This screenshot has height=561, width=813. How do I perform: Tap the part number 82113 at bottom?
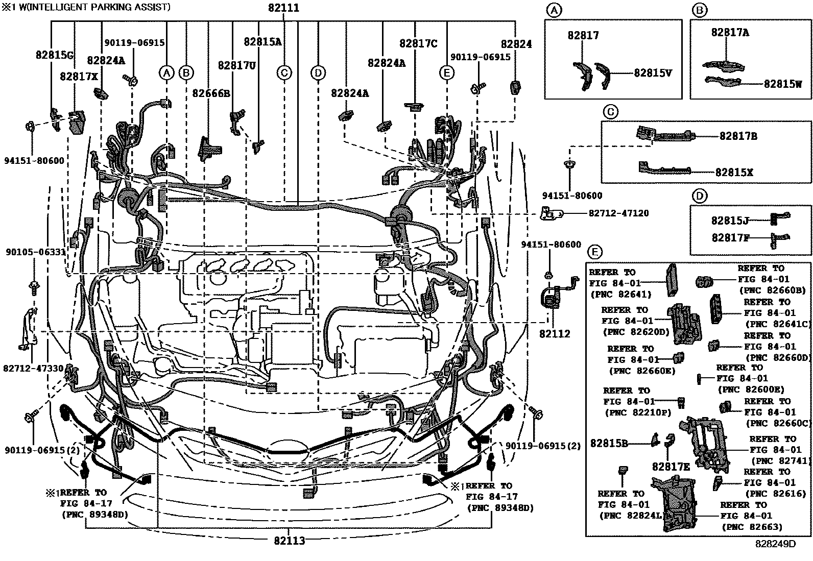[x=289, y=541]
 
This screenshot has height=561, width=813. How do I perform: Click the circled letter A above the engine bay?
[x=166, y=73]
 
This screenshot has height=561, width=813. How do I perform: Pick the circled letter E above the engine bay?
[x=446, y=73]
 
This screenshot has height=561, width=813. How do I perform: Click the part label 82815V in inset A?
[x=653, y=73]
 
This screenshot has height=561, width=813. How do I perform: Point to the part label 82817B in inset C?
[x=738, y=136]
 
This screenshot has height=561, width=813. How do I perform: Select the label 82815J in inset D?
[x=730, y=221]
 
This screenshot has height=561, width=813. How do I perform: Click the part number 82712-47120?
[x=618, y=213]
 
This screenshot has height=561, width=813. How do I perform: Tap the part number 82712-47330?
[x=33, y=368]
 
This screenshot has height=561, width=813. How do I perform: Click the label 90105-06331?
[x=36, y=252]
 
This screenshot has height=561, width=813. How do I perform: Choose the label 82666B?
[x=211, y=93]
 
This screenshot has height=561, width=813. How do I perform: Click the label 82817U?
[x=236, y=65]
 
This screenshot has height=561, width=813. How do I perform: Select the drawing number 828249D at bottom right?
[x=776, y=544]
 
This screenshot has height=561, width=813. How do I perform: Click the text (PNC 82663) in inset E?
[x=751, y=527]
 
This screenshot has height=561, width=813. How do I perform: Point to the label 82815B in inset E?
[x=609, y=444]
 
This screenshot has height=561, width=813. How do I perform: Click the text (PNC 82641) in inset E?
[x=620, y=295]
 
